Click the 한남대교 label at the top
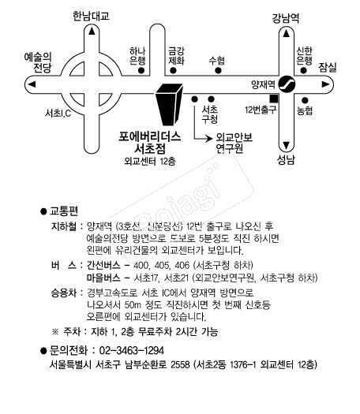(91, 17)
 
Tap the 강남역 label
(286, 18)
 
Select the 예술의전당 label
(38, 62)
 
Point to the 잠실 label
(328, 67)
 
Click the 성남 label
(286, 160)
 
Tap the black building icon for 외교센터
(169, 105)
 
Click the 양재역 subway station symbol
(287, 84)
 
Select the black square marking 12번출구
(274, 99)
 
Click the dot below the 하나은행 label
(141, 70)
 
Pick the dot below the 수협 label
(218, 70)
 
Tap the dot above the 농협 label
(305, 100)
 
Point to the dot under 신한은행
(304, 70)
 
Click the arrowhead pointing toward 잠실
(325, 84)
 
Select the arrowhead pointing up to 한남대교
(92, 32)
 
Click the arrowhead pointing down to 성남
(287, 145)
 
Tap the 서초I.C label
(58, 114)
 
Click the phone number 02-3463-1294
(131, 350)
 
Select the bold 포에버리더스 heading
(149, 136)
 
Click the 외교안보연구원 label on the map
(234, 143)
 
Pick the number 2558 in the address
(180, 364)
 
